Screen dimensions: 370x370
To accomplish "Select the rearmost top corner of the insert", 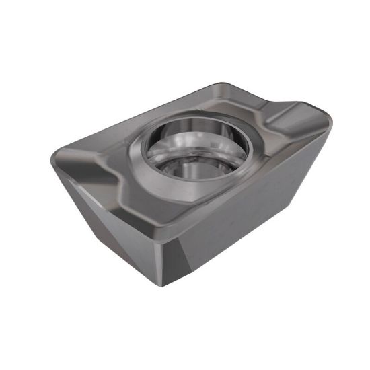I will (223, 83).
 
